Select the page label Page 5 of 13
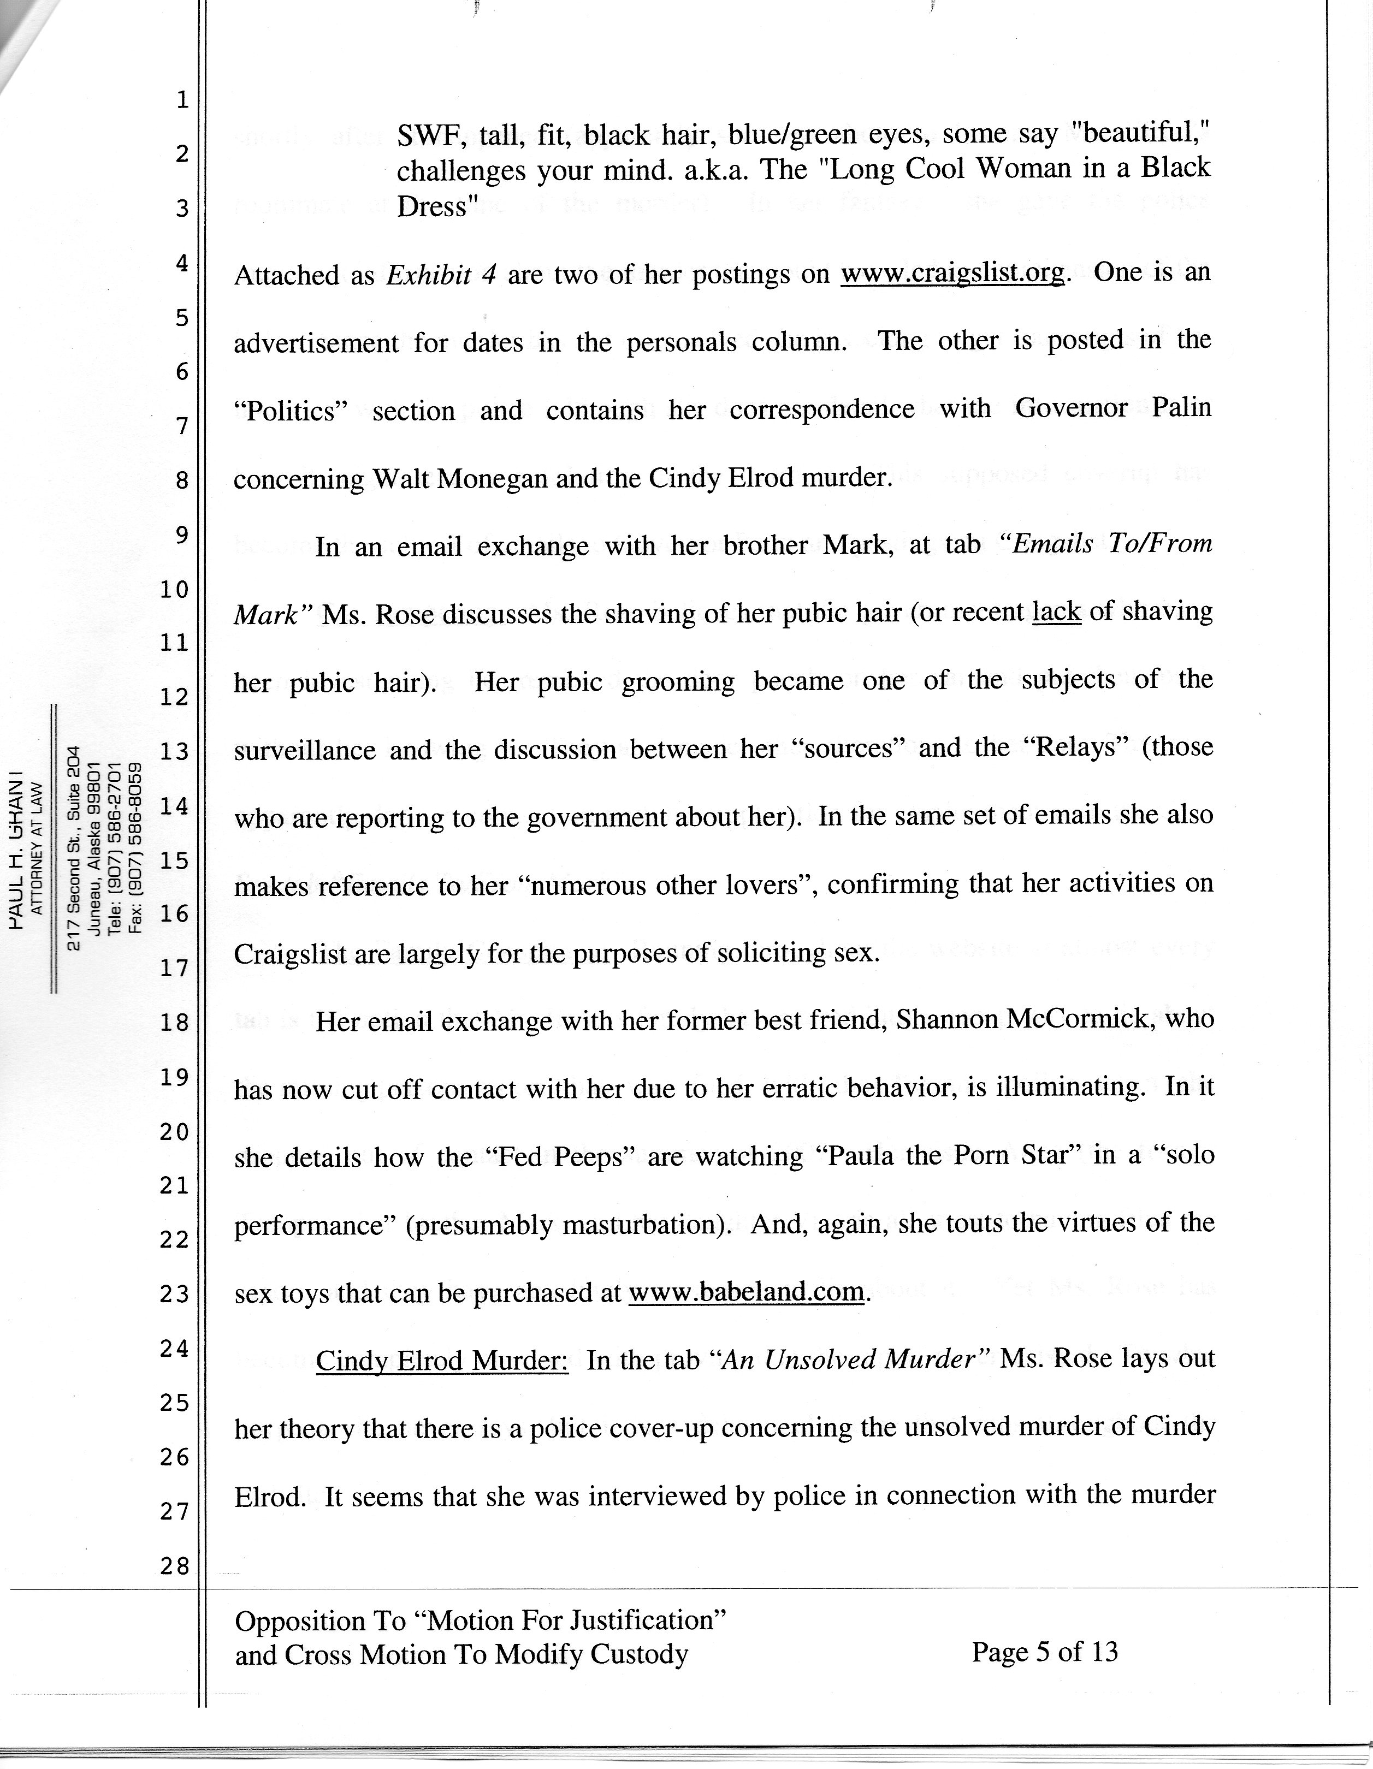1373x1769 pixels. coord(1044,1651)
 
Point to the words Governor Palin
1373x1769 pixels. coord(1113,407)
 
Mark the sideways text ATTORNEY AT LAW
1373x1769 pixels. coord(35,846)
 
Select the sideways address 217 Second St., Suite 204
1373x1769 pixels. coord(75,846)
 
